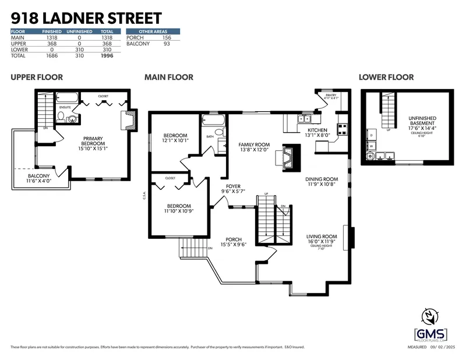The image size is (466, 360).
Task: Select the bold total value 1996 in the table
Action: (106, 56)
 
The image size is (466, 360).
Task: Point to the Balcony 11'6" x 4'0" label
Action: (40, 179)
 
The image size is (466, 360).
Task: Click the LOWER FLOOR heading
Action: (386, 77)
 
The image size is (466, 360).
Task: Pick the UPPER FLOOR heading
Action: (37, 77)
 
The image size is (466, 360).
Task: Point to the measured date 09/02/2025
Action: (442, 347)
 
